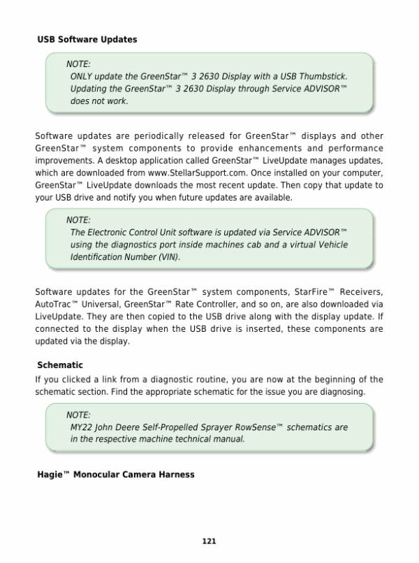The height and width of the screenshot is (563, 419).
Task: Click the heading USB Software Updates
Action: (87, 40)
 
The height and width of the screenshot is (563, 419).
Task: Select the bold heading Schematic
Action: (60, 365)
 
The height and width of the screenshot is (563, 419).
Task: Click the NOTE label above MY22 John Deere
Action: (78, 414)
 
